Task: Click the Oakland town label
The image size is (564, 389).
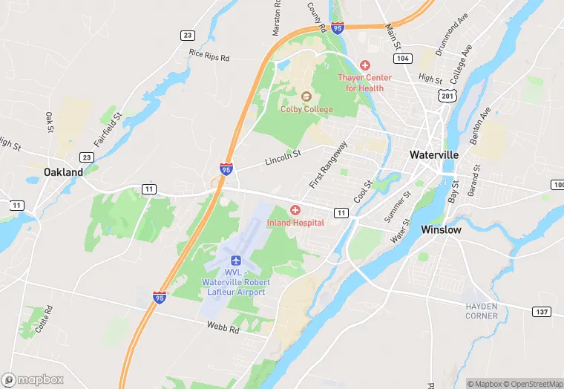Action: click(63, 171)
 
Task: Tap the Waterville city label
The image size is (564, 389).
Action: click(434, 154)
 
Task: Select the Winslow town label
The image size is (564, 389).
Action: click(441, 230)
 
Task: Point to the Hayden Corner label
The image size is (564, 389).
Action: click(481, 310)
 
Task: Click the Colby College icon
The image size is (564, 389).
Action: click(306, 96)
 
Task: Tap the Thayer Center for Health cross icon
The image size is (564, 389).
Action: click(364, 66)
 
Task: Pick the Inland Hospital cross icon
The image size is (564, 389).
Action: click(295, 211)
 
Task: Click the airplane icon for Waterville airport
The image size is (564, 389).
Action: click(236, 261)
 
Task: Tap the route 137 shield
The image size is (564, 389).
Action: click(540, 311)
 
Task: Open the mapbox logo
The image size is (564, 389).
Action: click(33, 379)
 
